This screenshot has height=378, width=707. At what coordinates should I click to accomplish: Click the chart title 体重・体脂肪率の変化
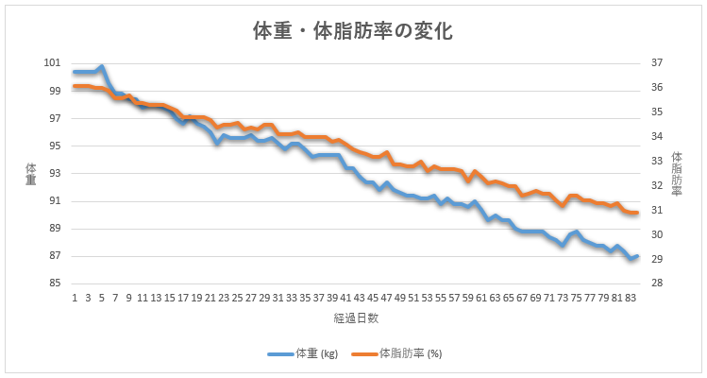coord(353,31)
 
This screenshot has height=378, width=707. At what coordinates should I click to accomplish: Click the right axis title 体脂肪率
coord(677,173)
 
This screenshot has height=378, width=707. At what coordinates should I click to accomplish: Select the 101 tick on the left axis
coord(52,63)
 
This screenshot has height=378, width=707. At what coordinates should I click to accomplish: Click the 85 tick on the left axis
coord(54,283)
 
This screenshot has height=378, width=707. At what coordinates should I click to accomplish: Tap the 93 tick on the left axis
coord(54,174)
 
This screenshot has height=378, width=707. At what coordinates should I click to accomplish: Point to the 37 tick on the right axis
coord(658,63)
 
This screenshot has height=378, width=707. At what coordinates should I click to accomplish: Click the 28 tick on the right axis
coord(658,283)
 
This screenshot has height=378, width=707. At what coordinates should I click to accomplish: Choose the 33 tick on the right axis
coord(658,162)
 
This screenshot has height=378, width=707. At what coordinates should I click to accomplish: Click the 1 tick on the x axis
coord(74,296)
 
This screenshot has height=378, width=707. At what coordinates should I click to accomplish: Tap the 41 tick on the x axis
coord(345,296)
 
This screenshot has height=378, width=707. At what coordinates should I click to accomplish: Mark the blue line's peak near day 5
coord(101,67)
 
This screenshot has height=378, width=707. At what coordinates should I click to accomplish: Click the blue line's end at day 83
coord(638,256)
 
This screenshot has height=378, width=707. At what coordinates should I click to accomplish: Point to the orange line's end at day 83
coord(638,213)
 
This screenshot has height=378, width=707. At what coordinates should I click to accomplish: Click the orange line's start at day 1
coord(74,86)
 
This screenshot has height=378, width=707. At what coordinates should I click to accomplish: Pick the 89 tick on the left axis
coord(54,229)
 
